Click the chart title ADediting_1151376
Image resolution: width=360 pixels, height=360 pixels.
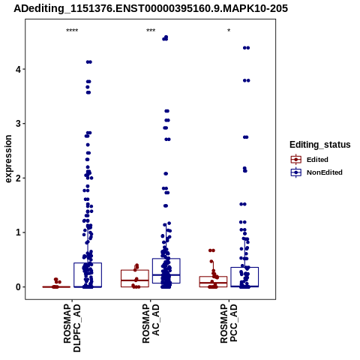point(151,9)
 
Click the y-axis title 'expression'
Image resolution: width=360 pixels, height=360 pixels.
point(8,159)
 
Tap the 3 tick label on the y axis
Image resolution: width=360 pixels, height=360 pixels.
point(18,124)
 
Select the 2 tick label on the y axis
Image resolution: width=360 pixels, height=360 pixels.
point(18,178)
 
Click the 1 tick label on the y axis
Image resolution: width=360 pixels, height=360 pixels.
point(18,232)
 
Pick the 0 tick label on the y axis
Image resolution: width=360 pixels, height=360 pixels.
point(18,287)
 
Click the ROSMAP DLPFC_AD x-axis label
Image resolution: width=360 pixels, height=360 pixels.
point(72,328)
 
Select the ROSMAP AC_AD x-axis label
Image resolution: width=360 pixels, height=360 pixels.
point(151,324)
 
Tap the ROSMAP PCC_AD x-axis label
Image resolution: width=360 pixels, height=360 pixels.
point(229,324)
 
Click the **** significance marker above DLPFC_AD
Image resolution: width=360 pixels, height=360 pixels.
point(72,31)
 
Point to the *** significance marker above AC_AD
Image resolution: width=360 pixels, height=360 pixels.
point(151,31)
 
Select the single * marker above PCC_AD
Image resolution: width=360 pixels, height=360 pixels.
point(229,31)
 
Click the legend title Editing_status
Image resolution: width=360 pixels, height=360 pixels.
point(320,145)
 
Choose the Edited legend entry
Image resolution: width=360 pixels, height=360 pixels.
point(310,160)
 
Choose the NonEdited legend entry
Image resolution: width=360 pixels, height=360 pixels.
point(316,172)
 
